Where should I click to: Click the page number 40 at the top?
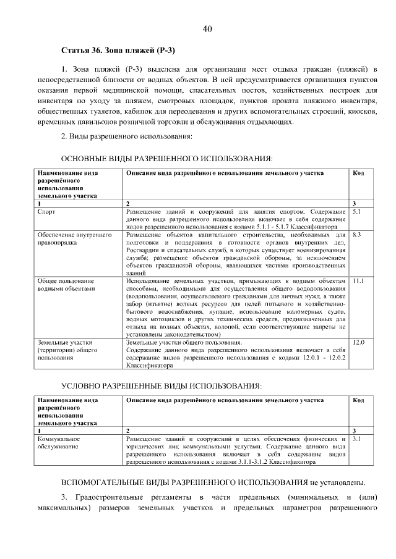coord(207,29)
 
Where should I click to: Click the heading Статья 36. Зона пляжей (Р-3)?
coord(118,49)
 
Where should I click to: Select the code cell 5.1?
coord(356,211)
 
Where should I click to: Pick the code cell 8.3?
coord(356,235)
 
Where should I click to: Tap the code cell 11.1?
coord(358,280)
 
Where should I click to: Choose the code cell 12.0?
coord(358,342)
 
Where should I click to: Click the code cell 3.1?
coord(356,439)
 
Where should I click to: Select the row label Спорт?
coord(46,211)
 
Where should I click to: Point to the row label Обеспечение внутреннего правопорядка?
coord(74,239)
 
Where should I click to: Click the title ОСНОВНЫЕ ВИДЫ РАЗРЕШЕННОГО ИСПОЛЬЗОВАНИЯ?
coord(166,159)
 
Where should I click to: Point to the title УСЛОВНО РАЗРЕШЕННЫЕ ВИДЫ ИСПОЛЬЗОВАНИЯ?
coord(161,386)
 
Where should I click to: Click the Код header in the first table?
coord(358,173)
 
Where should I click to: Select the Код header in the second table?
coord(358,400)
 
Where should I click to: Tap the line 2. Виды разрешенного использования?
coord(127,136)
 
